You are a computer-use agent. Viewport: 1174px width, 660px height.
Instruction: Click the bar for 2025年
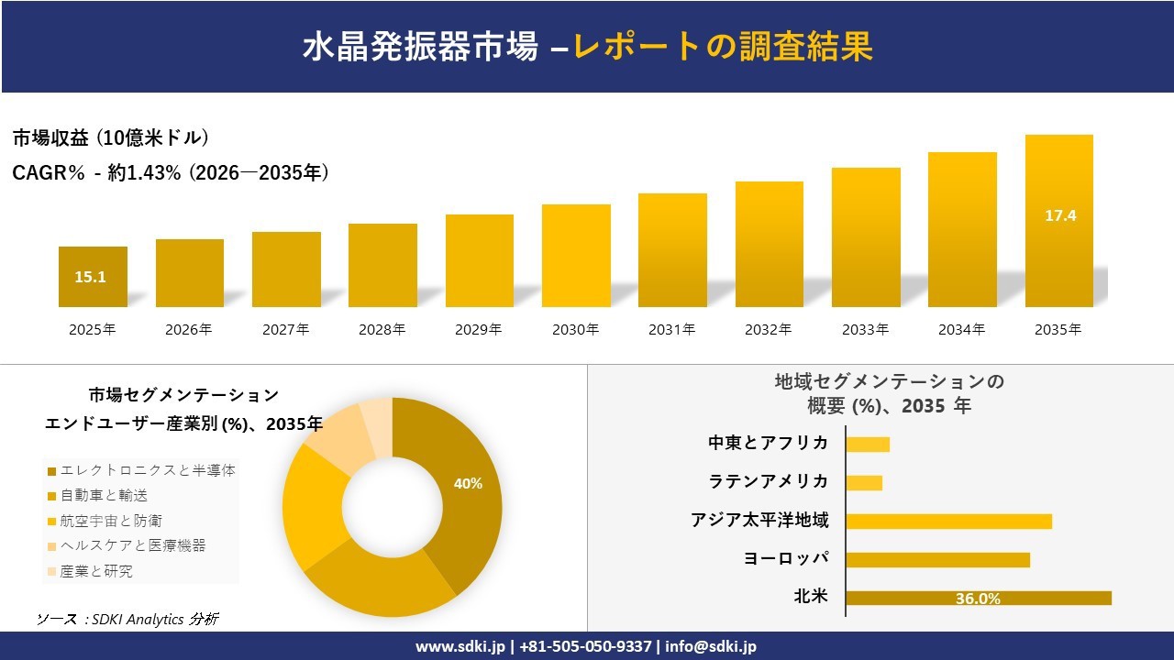pyautogui.click(x=93, y=276)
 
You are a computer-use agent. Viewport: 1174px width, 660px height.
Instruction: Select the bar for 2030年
pyautogui.click(x=576, y=255)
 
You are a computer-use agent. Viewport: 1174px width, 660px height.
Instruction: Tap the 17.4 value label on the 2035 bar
pyautogui.click(x=1059, y=216)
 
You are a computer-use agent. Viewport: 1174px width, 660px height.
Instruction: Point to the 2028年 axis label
pyautogui.click(x=382, y=329)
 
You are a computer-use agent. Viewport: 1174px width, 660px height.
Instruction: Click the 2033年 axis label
pyautogui.click(x=866, y=329)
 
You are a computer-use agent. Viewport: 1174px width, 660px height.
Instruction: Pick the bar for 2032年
pyautogui.click(x=769, y=244)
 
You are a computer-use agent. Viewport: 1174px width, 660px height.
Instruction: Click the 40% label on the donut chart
pyautogui.click(x=468, y=483)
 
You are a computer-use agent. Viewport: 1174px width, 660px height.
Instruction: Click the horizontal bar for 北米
pyautogui.click(x=978, y=598)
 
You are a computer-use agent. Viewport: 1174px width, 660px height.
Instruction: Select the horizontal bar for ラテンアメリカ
pyautogui.click(x=864, y=482)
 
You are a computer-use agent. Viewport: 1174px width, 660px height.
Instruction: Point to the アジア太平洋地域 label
pyautogui.click(x=759, y=521)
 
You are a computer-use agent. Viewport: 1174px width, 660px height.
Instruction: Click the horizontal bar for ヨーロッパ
pyautogui.click(x=937, y=559)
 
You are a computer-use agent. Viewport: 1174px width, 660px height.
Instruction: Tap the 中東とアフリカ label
pyautogui.click(x=768, y=443)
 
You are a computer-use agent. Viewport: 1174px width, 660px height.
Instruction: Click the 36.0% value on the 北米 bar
pyautogui.click(x=978, y=599)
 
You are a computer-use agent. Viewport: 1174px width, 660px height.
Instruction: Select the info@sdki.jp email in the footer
pyautogui.click(x=711, y=646)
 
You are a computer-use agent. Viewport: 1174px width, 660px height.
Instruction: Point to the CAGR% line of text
pyautogui.click(x=171, y=172)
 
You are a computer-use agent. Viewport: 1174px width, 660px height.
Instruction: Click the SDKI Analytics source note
pyautogui.click(x=127, y=620)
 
